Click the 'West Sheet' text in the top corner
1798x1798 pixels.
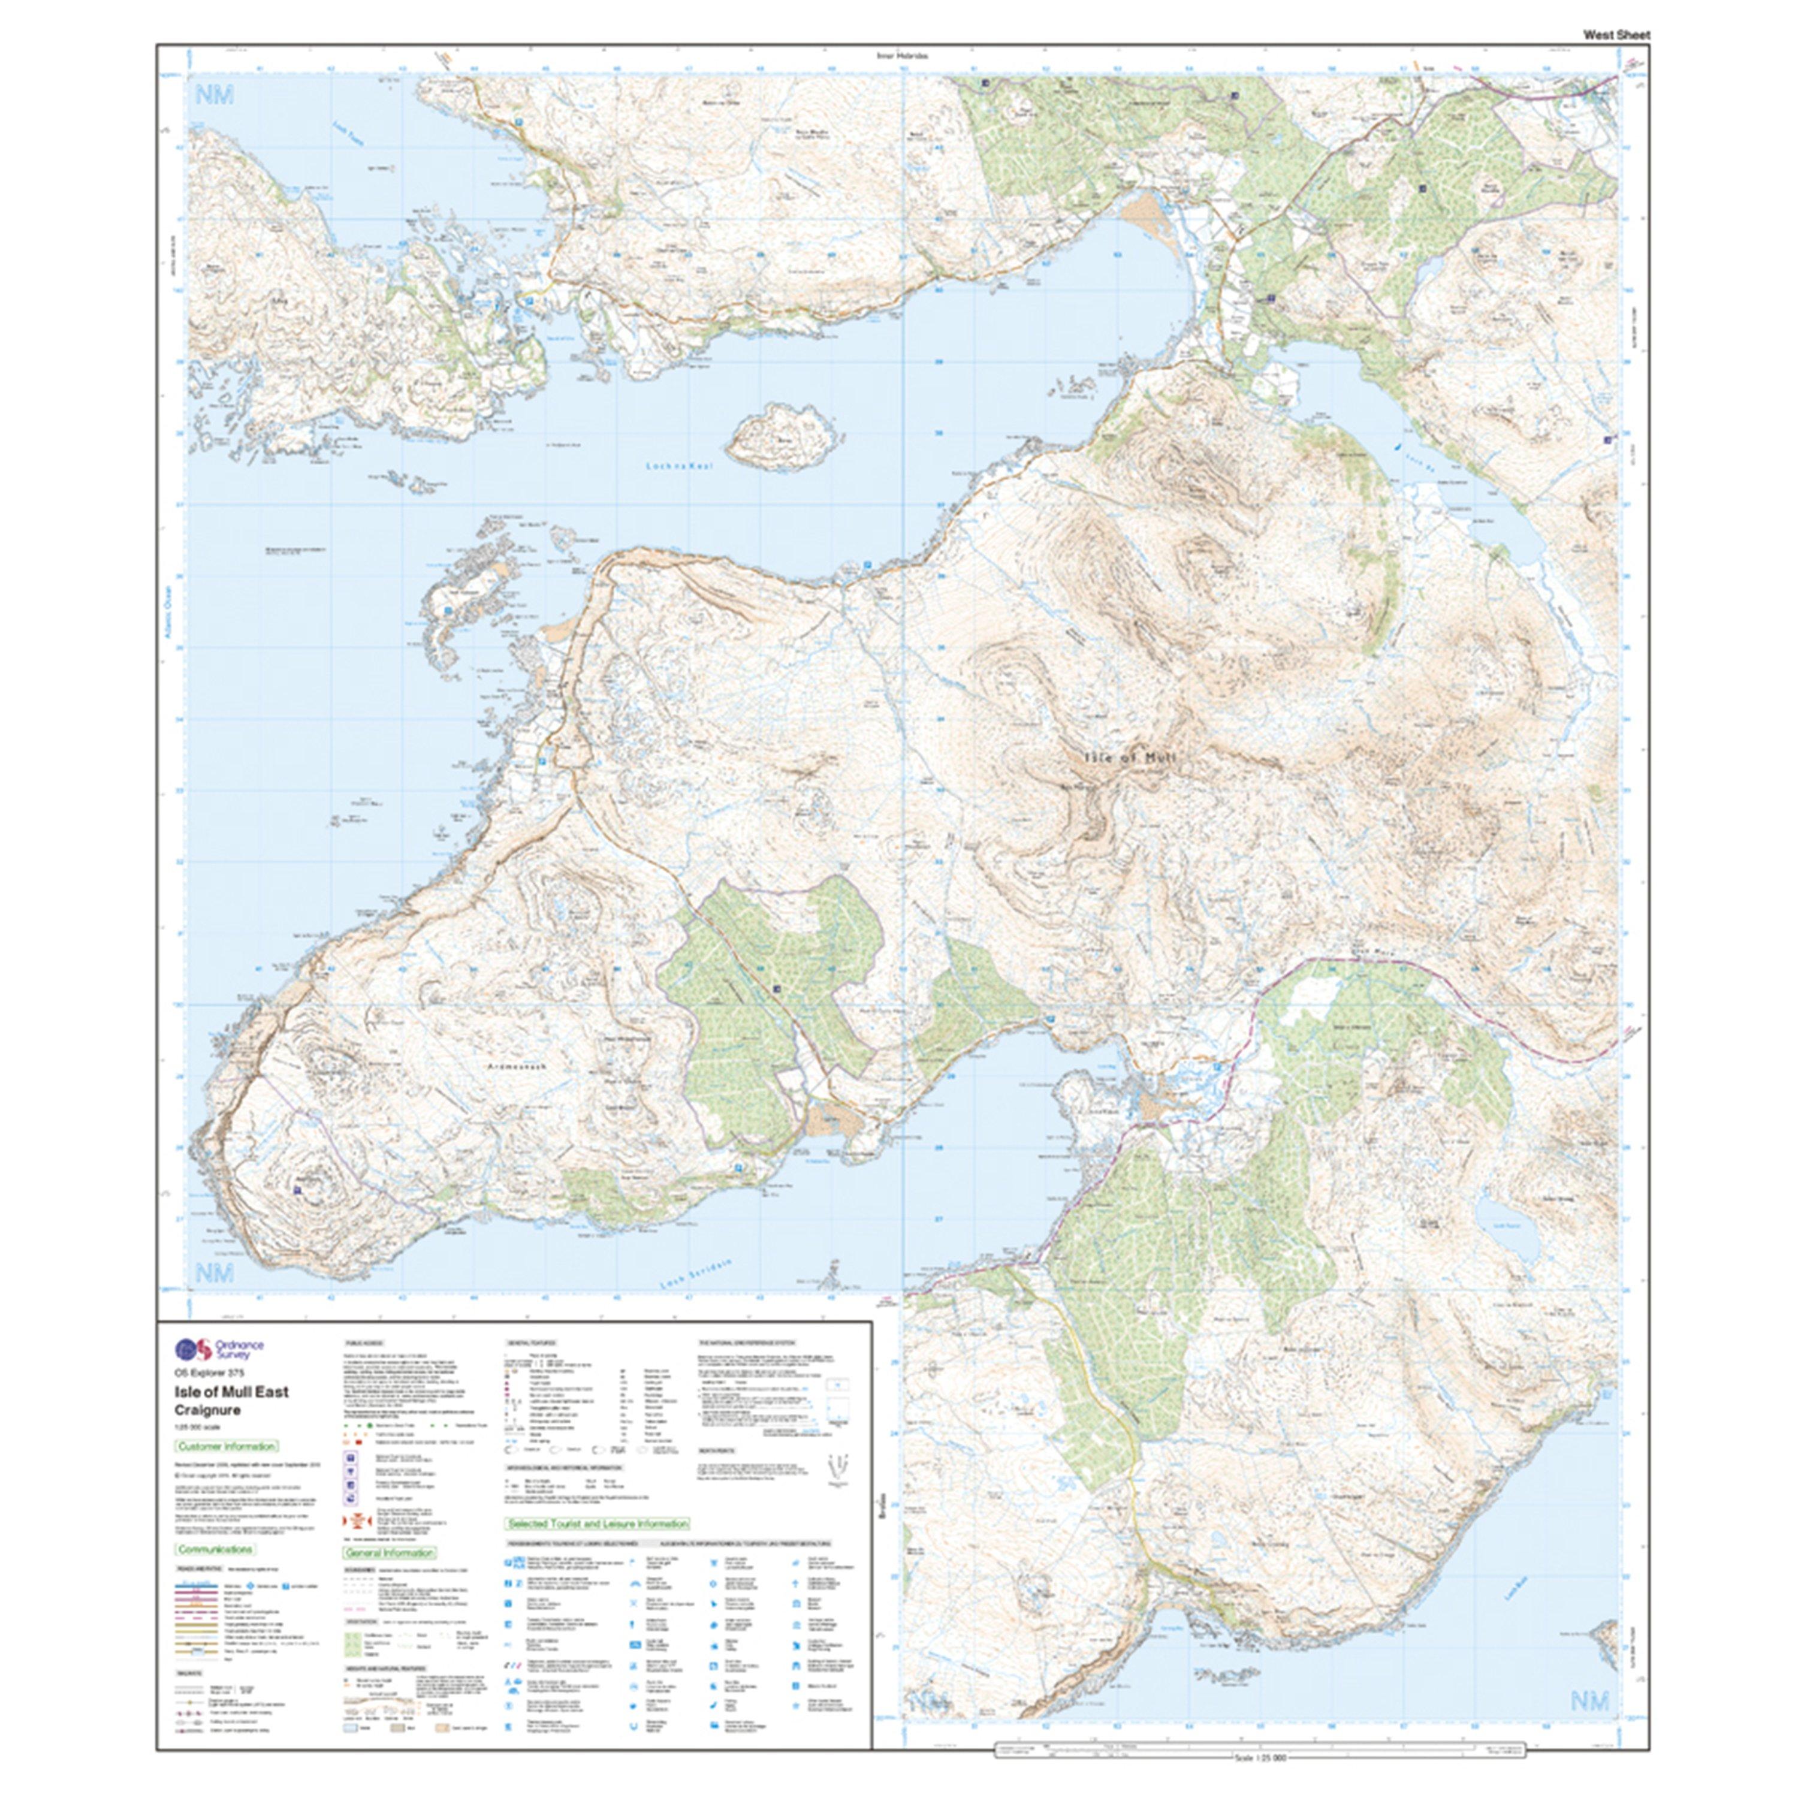coord(1616,34)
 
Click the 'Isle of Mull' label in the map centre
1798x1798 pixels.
coord(1130,758)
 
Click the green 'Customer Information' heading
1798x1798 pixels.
coord(226,1446)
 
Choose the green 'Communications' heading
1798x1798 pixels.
coord(215,1549)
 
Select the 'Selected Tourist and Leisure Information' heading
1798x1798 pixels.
coord(598,1524)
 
